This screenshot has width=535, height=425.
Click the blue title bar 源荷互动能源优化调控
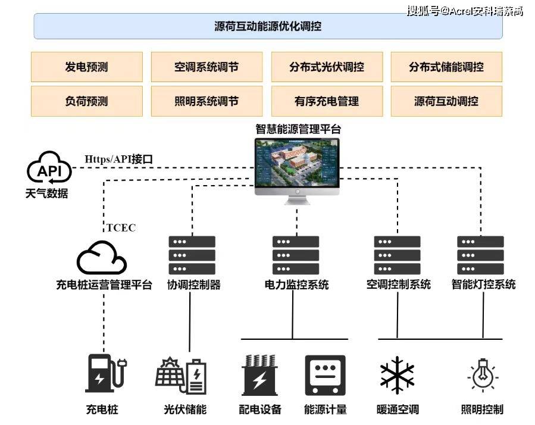[268, 26]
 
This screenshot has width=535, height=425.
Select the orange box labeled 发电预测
[87, 67]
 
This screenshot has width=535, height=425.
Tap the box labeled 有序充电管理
[327, 101]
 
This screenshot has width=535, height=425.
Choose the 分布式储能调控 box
[446, 67]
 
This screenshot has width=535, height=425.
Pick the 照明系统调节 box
[207, 101]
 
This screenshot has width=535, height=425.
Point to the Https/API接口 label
[119, 159]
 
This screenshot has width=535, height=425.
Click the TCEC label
[121, 227]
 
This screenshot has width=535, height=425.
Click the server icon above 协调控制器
[192, 255]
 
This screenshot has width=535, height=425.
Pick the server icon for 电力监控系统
[296, 255]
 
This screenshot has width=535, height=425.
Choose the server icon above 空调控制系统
[398, 255]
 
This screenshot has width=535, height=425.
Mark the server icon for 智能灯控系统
[481, 255]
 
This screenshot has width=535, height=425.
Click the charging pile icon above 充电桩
[104, 374]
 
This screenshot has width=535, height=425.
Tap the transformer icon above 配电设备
[259, 375]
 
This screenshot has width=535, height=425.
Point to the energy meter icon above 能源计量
[325, 375]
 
